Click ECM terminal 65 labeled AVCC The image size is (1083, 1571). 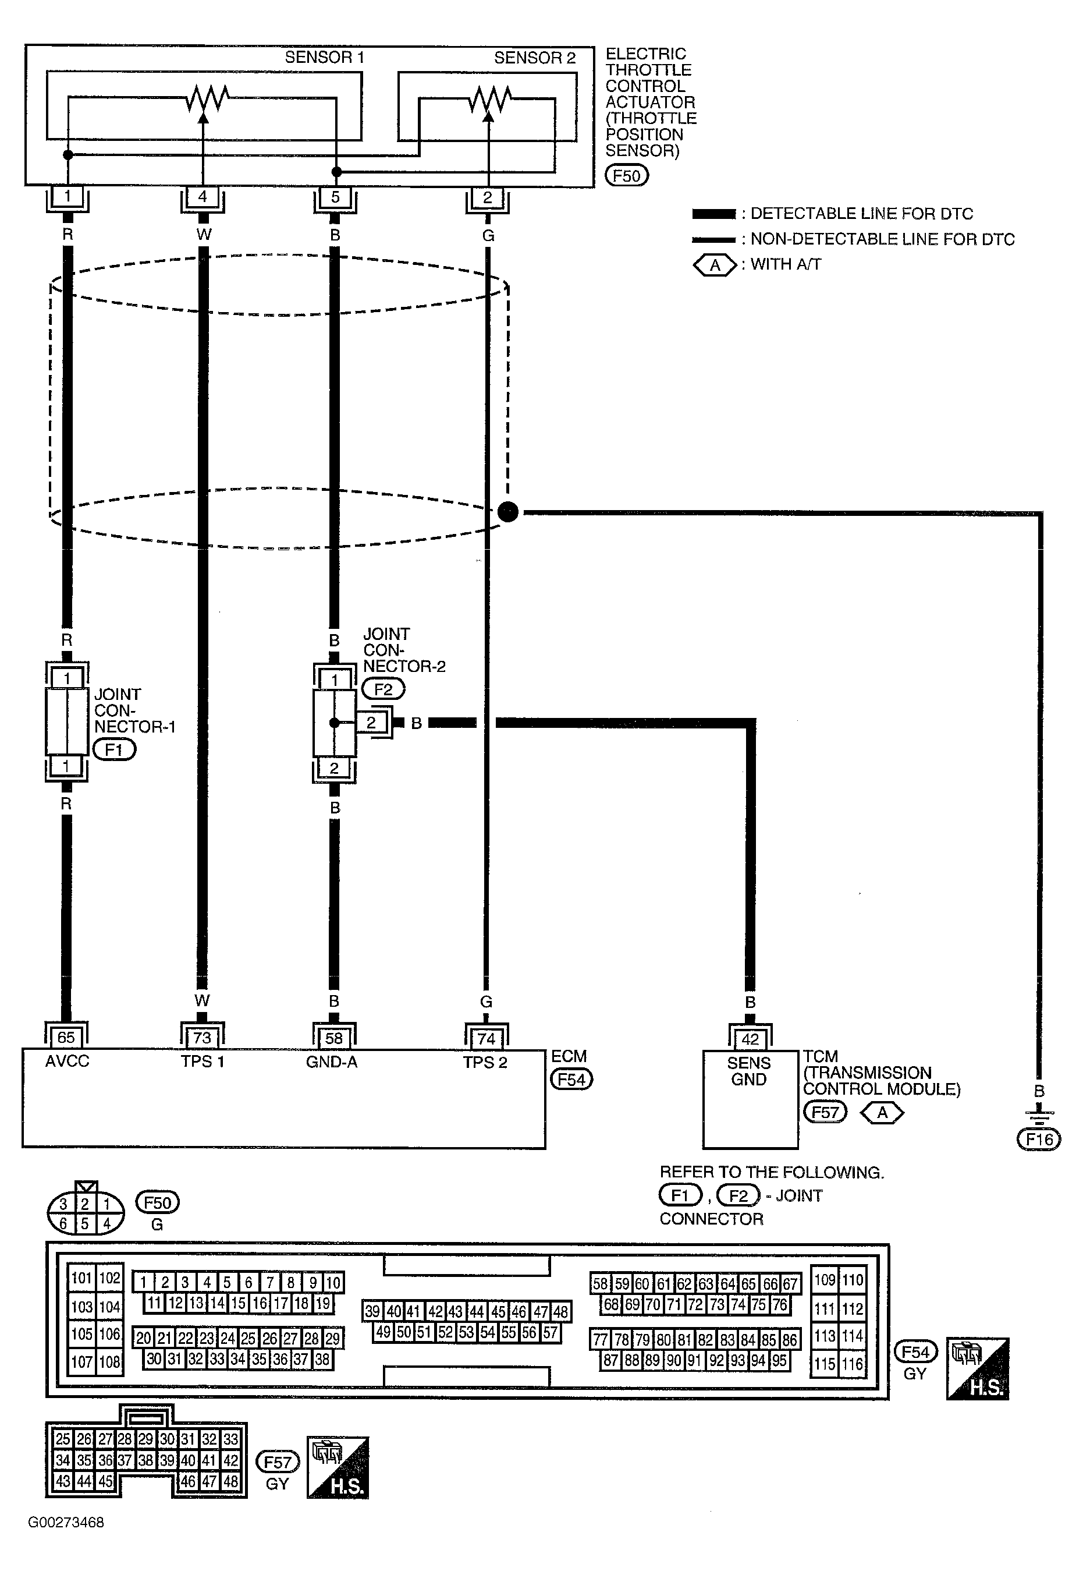(66, 1038)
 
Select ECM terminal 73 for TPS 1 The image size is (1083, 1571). (202, 1038)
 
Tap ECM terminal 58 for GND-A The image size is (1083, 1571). (334, 1038)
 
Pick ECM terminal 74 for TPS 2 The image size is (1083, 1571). (486, 1039)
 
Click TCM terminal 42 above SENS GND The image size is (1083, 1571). (750, 1039)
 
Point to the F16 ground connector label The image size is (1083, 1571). (1039, 1139)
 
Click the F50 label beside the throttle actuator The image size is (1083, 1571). (626, 176)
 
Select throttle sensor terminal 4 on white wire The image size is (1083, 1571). (202, 197)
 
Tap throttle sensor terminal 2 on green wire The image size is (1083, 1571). (487, 198)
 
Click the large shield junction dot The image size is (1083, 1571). (507, 512)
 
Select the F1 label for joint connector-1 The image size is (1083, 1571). (114, 749)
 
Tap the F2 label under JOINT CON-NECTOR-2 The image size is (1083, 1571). (384, 689)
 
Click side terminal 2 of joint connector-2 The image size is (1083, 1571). (371, 723)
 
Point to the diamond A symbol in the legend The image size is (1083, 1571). (715, 266)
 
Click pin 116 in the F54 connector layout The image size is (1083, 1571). (853, 1364)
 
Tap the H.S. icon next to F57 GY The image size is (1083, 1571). (338, 1467)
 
